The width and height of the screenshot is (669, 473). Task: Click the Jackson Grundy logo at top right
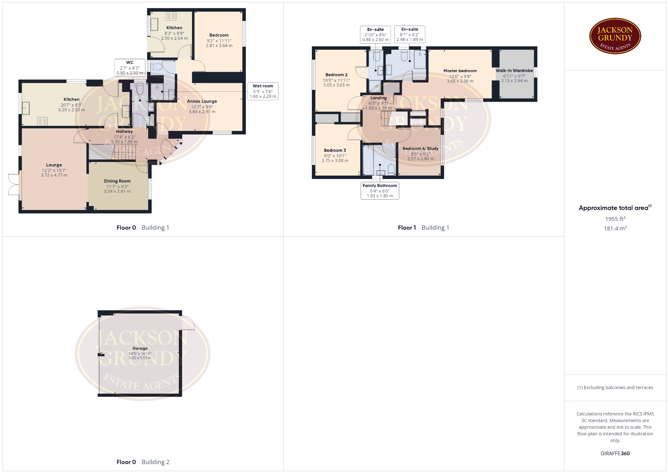pos(615,36)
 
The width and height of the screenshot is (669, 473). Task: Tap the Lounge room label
pos(54,165)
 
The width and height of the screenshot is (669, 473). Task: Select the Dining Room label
pos(117,181)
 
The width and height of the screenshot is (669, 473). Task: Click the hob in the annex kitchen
pos(171,16)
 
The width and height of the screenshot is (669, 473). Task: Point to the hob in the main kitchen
pos(43,121)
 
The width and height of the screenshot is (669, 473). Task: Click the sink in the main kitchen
pos(26,108)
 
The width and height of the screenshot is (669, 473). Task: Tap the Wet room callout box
pos(263,91)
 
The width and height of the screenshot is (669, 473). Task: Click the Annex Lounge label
pos(202,101)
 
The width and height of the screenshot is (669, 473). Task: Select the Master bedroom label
pos(460,71)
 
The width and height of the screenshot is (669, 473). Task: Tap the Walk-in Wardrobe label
pos(514,71)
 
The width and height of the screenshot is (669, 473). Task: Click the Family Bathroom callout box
pos(380,191)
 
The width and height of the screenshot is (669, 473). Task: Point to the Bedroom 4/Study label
pos(421,148)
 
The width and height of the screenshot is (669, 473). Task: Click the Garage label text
pos(140,348)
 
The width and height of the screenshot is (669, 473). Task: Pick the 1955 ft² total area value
pos(615,219)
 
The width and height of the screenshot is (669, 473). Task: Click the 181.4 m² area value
pos(615,228)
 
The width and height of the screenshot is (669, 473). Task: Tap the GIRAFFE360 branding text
pos(615,453)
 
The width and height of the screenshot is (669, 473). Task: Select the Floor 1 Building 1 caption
pos(423,228)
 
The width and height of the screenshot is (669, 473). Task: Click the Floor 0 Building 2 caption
pos(143,462)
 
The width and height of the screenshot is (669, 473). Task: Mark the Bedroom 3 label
pos(335,150)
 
